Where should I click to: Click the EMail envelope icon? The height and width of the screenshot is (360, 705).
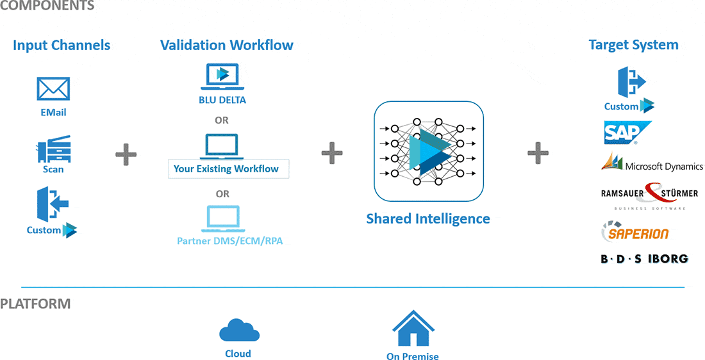tap(53, 89)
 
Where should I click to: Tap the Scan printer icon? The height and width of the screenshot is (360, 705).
tap(53, 149)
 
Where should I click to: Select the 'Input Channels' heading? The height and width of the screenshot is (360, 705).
tap(62, 45)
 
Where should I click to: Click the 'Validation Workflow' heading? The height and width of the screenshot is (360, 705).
tap(227, 45)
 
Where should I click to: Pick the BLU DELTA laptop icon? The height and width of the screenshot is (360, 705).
tap(222, 77)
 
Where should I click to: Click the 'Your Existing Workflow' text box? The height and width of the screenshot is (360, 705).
tap(228, 169)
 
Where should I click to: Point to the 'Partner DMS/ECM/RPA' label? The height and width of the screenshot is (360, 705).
tap(222, 241)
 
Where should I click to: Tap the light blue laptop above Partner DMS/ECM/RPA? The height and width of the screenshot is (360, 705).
tap(221, 219)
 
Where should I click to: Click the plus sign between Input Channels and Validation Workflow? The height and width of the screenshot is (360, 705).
tap(126, 154)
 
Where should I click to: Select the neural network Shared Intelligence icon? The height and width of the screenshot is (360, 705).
tap(428, 151)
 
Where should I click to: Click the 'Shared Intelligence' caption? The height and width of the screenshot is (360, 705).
tap(428, 219)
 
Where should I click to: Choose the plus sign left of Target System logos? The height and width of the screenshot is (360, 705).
tap(538, 152)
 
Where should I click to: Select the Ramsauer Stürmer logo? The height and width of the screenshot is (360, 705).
tap(649, 194)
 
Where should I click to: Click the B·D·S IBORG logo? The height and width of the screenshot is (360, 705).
tap(644, 259)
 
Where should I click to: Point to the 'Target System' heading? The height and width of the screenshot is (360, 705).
tap(633, 45)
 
